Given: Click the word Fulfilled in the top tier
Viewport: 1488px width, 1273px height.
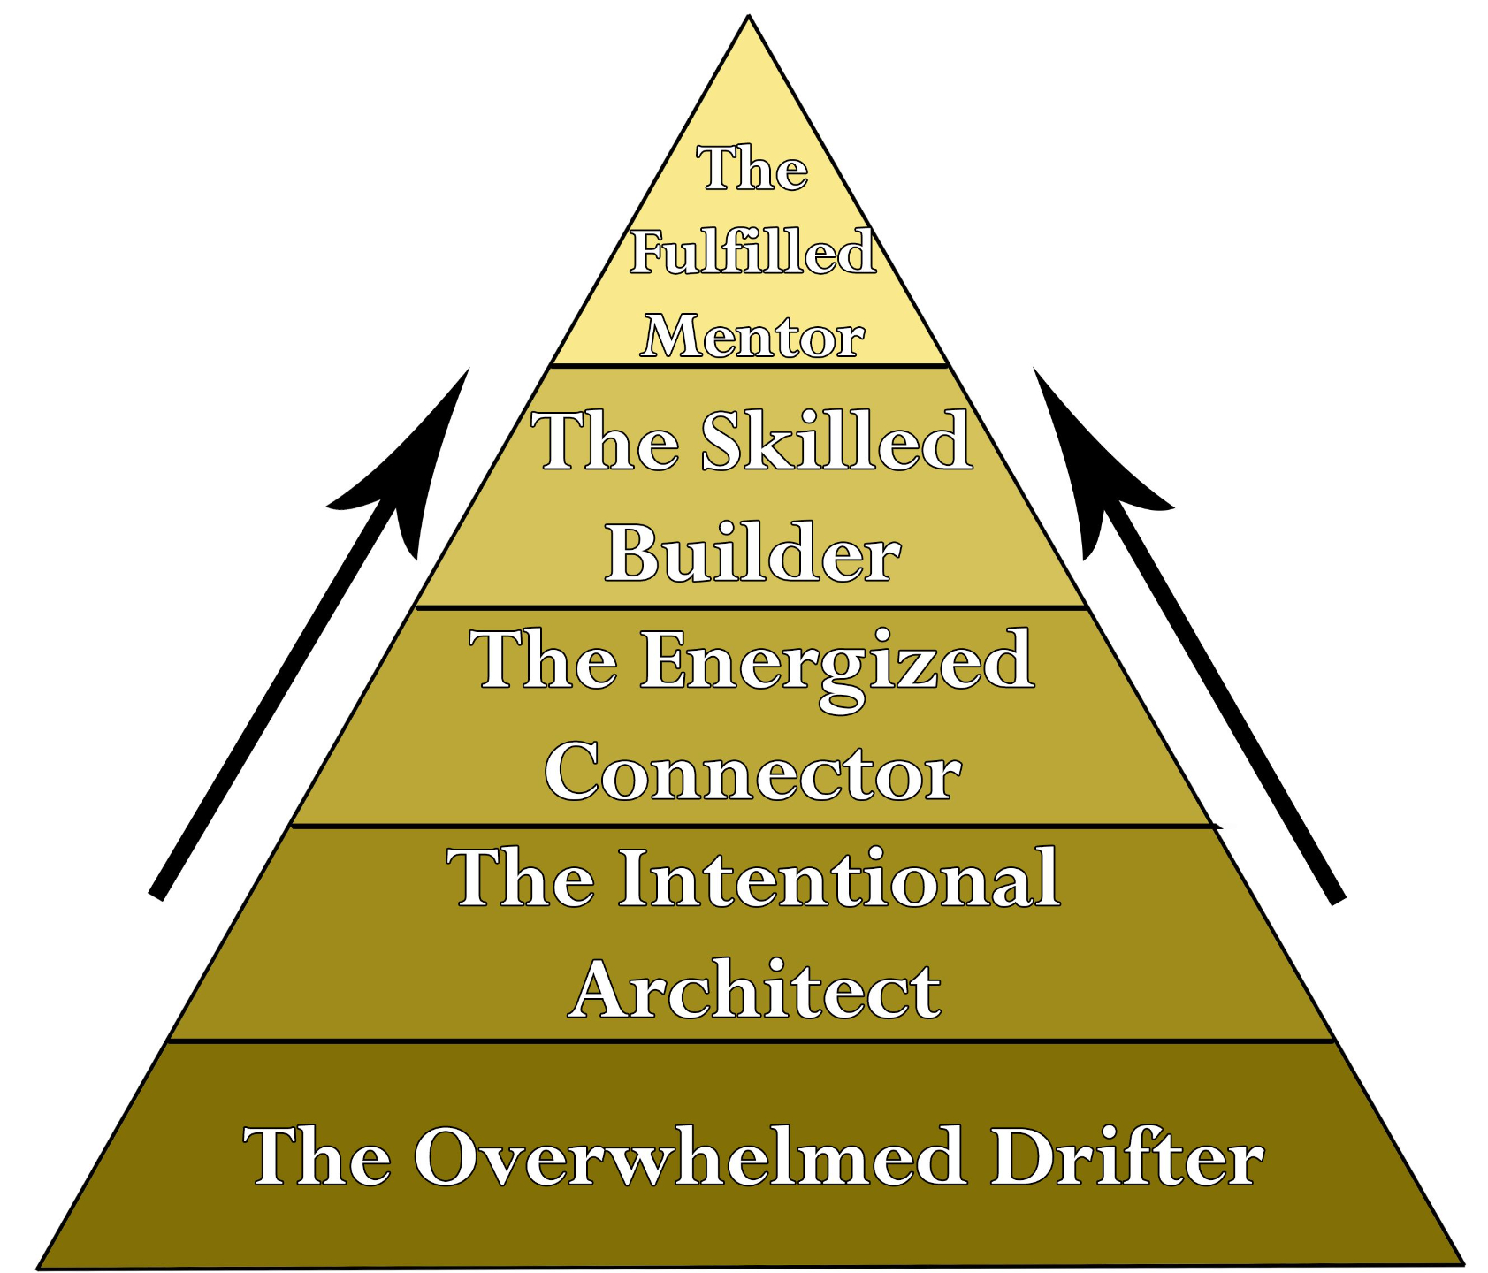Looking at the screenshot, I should tap(752, 253).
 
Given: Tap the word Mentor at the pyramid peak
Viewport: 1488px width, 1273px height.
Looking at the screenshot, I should tap(752, 338).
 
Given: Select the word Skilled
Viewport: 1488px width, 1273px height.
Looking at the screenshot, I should tap(836, 441).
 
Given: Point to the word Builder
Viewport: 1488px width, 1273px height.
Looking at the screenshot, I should tap(752, 554).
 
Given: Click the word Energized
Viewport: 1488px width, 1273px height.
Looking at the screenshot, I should tap(836, 660).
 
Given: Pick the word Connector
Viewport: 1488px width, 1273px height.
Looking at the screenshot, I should tap(752, 773).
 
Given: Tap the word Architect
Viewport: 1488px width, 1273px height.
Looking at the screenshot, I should tap(754, 990).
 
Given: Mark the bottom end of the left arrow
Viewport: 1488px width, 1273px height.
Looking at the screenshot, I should tap(157, 895).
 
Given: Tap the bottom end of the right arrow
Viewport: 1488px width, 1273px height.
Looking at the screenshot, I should tap(1338, 898).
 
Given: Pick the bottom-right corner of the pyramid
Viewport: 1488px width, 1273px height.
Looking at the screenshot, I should tap(1462, 1262).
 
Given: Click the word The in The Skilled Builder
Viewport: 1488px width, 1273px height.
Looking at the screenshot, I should tap(605, 441).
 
